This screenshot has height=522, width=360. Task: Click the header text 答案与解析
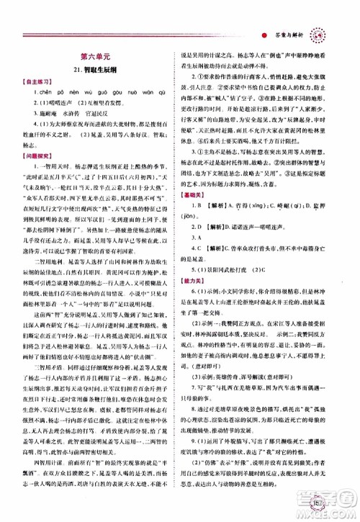click(x=287, y=34)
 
